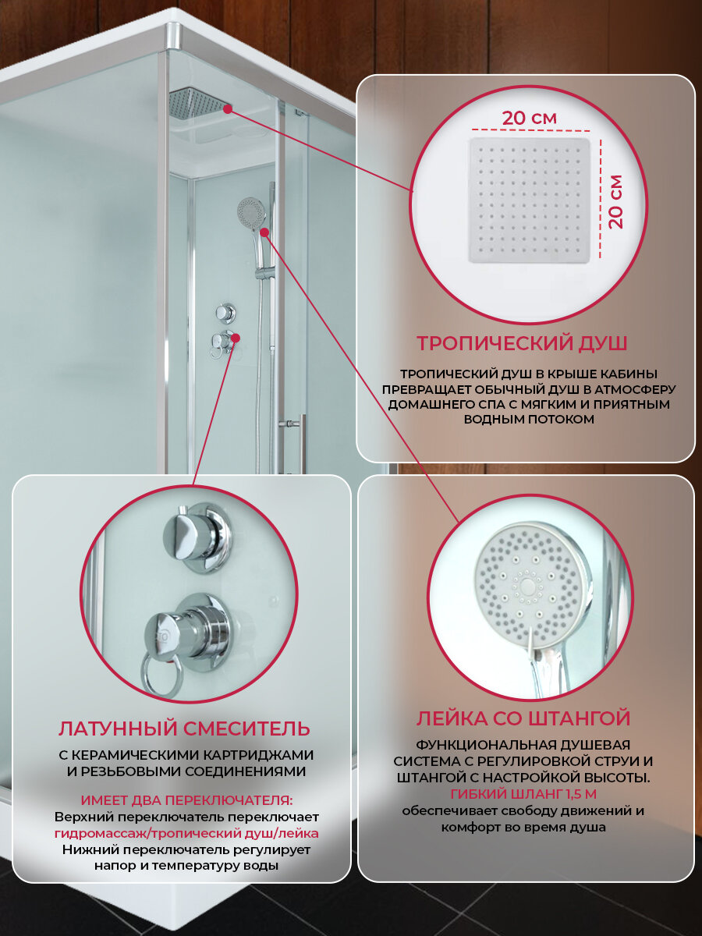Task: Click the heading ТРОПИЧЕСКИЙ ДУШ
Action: [522, 343]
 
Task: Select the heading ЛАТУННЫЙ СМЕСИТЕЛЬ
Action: [184, 729]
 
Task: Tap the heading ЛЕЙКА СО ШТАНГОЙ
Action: [523, 718]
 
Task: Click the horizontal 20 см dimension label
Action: [530, 118]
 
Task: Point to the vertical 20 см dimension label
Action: [615, 202]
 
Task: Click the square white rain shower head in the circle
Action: [530, 200]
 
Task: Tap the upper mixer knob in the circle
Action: [198, 537]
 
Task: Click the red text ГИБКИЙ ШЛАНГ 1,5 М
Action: [523, 794]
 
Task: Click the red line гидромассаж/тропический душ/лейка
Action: [186, 833]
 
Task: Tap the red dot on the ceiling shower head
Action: [228, 109]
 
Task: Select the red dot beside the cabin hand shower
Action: [264, 232]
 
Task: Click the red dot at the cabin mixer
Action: [236, 338]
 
